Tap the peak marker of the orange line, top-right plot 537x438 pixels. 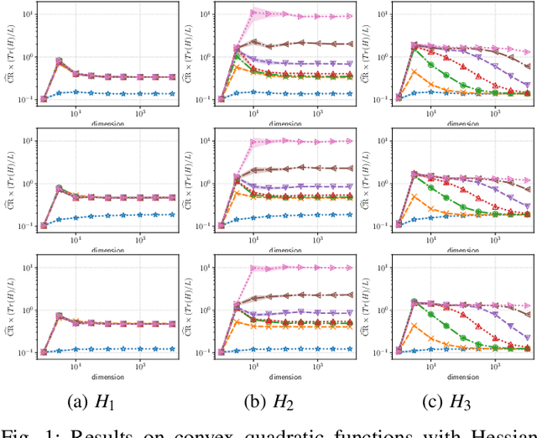click(413, 70)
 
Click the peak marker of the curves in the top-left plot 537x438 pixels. click(60, 60)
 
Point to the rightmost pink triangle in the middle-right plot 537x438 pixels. click(528, 180)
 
